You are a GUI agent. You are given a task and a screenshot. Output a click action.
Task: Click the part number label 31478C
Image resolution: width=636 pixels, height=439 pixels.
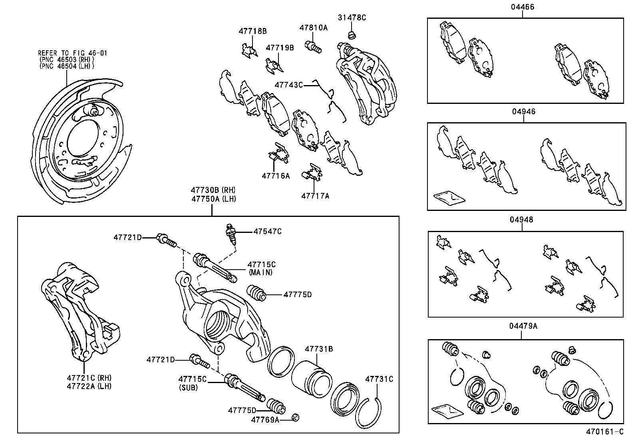[352, 18]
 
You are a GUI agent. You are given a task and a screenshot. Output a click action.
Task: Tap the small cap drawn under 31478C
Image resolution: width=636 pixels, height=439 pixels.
[352, 36]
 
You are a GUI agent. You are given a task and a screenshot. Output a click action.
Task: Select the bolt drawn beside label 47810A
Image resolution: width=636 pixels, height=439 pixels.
[313, 46]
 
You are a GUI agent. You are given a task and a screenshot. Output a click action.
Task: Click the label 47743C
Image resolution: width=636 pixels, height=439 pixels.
[288, 85]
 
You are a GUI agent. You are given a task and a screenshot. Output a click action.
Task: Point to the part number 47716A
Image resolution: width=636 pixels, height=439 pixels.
[276, 175]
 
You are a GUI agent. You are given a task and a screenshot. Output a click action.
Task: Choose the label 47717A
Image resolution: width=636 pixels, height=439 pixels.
[315, 196]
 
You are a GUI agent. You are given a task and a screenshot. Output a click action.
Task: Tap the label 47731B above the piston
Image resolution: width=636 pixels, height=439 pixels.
[318, 349]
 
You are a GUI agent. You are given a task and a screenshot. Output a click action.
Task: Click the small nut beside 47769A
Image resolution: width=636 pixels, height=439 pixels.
[295, 418]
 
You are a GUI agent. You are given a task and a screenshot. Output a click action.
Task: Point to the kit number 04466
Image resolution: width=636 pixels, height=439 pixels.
[522, 7]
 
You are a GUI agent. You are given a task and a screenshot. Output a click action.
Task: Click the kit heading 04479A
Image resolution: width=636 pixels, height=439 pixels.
[523, 326]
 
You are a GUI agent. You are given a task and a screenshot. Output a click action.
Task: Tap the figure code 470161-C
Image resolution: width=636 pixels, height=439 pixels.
[604, 431]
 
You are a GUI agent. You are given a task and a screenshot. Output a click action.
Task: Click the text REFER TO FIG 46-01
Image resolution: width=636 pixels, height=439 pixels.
[72, 53]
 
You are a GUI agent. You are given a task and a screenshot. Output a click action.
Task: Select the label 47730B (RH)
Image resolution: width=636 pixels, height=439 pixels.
[213, 190]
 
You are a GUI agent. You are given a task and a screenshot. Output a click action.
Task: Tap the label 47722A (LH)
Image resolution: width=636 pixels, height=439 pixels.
[89, 386]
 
